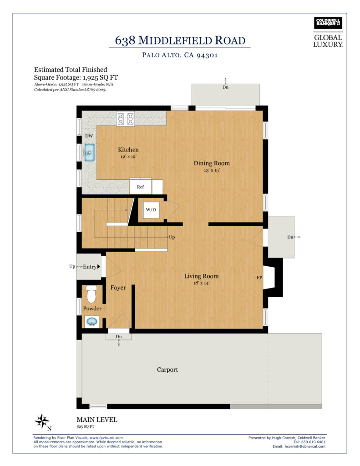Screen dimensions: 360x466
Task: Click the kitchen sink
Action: (90, 152)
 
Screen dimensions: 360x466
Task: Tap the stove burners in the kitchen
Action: (126, 119)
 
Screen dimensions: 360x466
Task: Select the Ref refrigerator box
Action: (140, 187)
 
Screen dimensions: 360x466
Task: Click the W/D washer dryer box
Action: (151, 210)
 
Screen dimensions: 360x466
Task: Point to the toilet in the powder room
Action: (91, 294)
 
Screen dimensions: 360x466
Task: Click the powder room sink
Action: (92, 322)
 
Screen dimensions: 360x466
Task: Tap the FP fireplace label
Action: (259, 278)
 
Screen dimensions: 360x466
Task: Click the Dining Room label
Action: (212, 163)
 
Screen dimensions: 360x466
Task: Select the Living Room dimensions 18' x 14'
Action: (201, 283)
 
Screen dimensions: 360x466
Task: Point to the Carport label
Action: (167, 370)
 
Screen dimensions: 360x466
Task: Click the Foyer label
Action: (118, 288)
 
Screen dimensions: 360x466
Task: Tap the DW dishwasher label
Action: (89, 136)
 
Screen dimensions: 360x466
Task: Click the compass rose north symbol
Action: (42, 421)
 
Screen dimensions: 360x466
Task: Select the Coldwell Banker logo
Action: (328, 23)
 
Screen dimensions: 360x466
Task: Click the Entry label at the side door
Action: (90, 267)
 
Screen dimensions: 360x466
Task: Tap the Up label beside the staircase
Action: (172, 238)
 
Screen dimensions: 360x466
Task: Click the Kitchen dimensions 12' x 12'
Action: (128, 157)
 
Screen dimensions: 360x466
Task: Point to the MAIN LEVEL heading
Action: (97, 420)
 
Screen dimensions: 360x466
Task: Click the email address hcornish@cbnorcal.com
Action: (305, 446)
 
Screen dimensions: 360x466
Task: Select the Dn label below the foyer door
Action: (119, 337)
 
